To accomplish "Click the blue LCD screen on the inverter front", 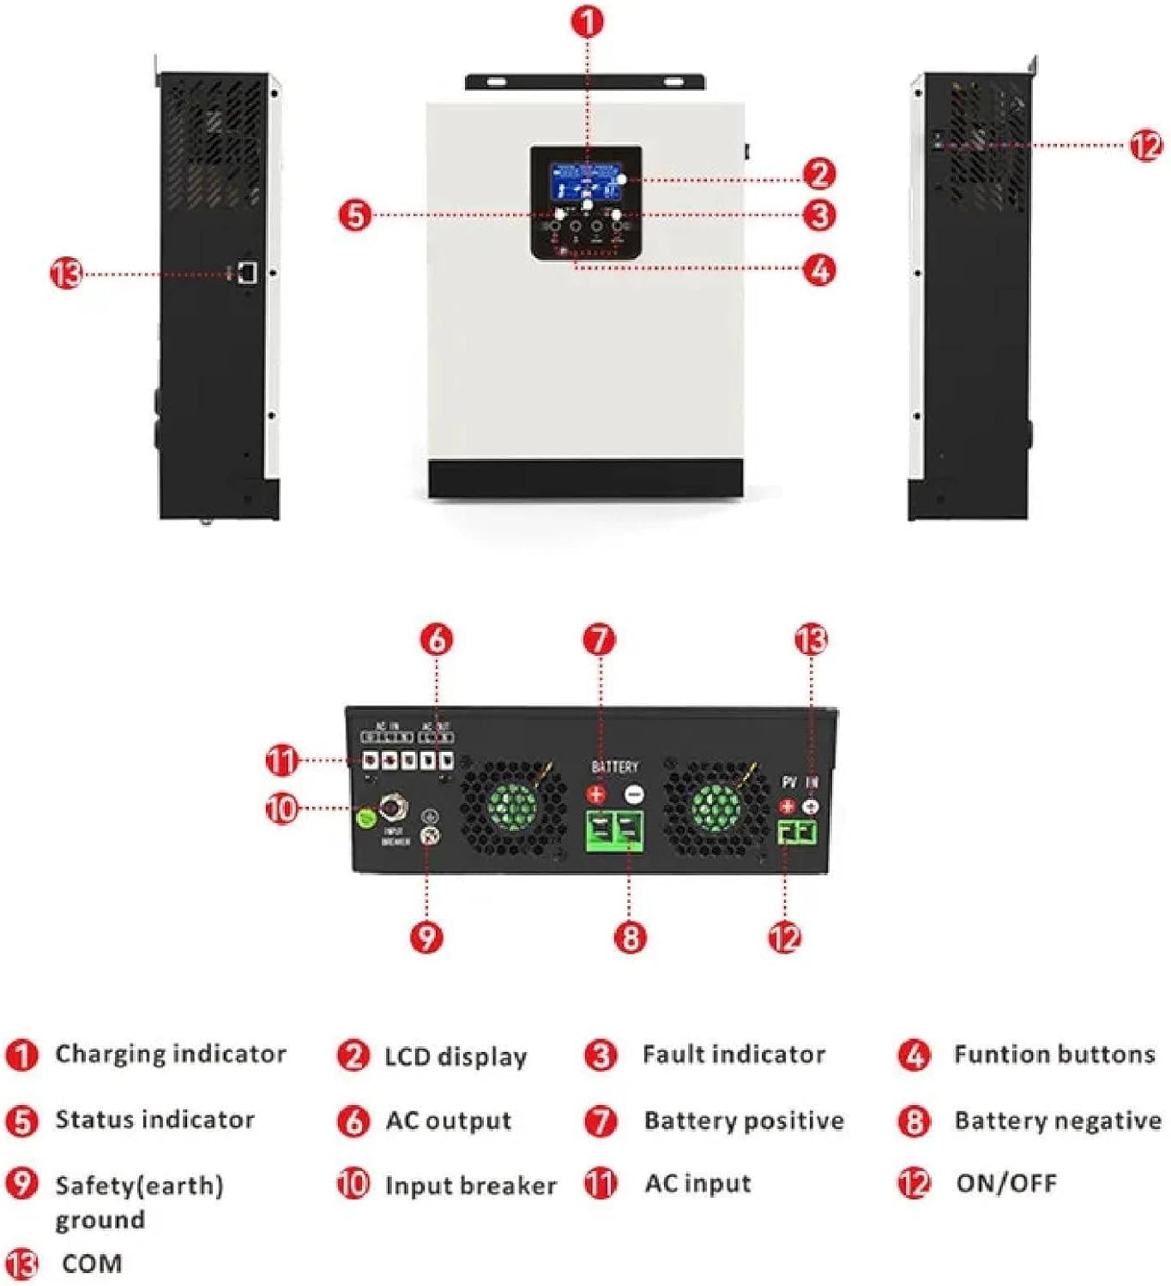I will tap(586, 181).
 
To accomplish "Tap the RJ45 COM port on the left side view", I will tap(247, 273).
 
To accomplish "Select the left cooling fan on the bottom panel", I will tap(512, 807).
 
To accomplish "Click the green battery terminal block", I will tap(614, 831).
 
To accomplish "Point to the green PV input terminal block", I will tap(798, 831).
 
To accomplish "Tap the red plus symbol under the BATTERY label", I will tap(596, 794).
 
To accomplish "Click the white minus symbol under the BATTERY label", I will tap(634, 795).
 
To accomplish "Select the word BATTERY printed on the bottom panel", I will tap(614, 766).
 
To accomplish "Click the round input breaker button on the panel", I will tap(394, 808).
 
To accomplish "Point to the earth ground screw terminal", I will tap(430, 836).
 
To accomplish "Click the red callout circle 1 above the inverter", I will tap(587, 22).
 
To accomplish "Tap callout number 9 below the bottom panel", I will tap(426, 937).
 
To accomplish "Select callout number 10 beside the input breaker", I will tap(281, 808).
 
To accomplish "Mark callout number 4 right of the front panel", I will tap(819, 270).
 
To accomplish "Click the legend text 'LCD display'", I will tap(456, 1056).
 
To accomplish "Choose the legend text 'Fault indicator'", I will tap(733, 1055).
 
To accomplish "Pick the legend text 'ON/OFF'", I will tap(1006, 1183).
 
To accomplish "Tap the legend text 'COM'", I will tap(92, 1264).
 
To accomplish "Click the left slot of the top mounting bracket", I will tap(498, 82).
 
